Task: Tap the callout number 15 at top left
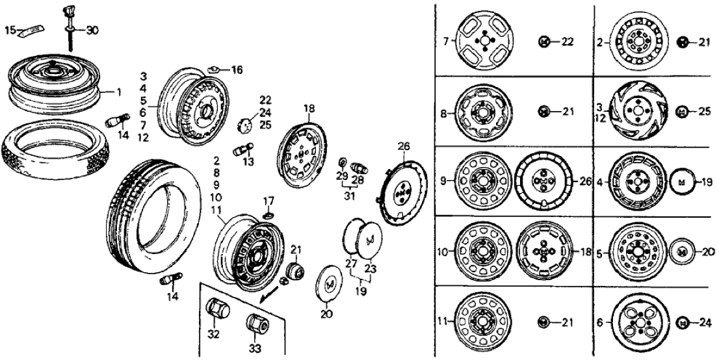[10, 30]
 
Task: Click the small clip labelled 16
[213, 68]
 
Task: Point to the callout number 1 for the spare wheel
[119, 92]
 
